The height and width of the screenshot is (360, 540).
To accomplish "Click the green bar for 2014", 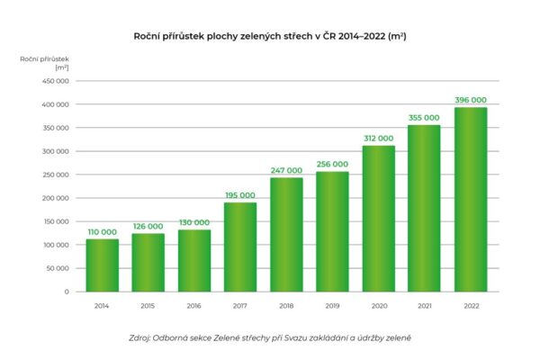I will (x=103, y=265).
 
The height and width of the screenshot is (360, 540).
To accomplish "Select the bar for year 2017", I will (x=240, y=247).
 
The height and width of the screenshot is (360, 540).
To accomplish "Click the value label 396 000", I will (x=471, y=100).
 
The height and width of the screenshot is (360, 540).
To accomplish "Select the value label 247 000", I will (x=286, y=170).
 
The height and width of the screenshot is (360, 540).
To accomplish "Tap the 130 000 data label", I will (x=194, y=222).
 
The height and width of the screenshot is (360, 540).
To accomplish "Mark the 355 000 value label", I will (x=425, y=118).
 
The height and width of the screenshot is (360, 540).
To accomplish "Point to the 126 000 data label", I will (x=148, y=226).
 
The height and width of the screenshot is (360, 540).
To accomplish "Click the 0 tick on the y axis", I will (x=66, y=292).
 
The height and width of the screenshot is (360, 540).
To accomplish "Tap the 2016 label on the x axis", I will (x=194, y=306).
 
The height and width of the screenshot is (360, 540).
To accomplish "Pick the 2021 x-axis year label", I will (x=425, y=306).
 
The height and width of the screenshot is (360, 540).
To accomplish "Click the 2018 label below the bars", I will (x=286, y=306).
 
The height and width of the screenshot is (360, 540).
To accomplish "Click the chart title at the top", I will (x=270, y=35).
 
